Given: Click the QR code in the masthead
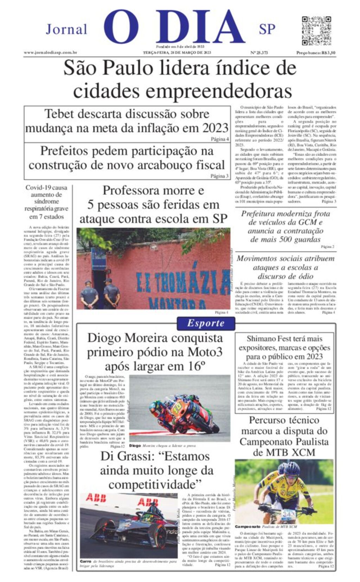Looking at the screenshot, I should [x=316, y=31].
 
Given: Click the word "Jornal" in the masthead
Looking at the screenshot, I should [x=66, y=30].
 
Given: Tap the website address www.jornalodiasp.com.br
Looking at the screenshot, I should [x=50, y=53].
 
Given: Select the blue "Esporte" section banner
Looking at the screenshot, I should [x=206, y=323].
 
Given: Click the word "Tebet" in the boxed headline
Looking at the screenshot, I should [x=59, y=114].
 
